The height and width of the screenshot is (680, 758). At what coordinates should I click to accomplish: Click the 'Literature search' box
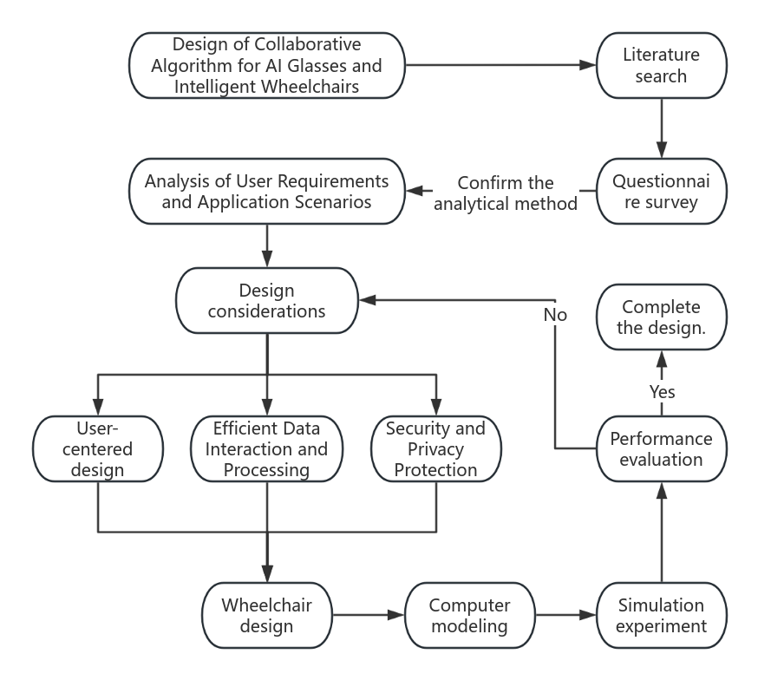(x=661, y=66)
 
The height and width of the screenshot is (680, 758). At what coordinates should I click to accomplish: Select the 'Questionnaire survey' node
(x=661, y=192)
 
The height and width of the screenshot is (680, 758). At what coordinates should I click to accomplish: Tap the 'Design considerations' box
(x=266, y=300)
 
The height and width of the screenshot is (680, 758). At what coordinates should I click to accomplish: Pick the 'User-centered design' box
(x=97, y=449)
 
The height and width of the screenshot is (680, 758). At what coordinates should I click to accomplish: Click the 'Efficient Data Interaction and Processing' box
(x=266, y=449)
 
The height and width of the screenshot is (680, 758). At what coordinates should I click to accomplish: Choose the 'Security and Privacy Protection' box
(x=436, y=449)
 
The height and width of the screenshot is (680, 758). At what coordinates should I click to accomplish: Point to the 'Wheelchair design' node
(x=266, y=616)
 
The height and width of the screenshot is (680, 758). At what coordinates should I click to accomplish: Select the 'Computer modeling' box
(x=469, y=616)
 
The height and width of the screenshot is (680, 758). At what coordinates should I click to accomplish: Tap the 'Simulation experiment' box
(x=661, y=616)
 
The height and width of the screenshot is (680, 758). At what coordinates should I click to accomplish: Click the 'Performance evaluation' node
(x=661, y=449)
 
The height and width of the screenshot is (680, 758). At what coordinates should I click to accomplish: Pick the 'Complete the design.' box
(x=661, y=317)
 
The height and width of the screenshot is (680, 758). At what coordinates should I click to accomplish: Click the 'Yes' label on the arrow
(x=662, y=392)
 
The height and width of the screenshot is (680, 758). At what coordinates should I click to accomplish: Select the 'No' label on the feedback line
(x=555, y=315)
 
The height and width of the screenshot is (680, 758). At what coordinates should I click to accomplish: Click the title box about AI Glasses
(x=266, y=66)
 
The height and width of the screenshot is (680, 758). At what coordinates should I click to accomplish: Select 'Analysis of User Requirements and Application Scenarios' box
(x=266, y=192)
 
